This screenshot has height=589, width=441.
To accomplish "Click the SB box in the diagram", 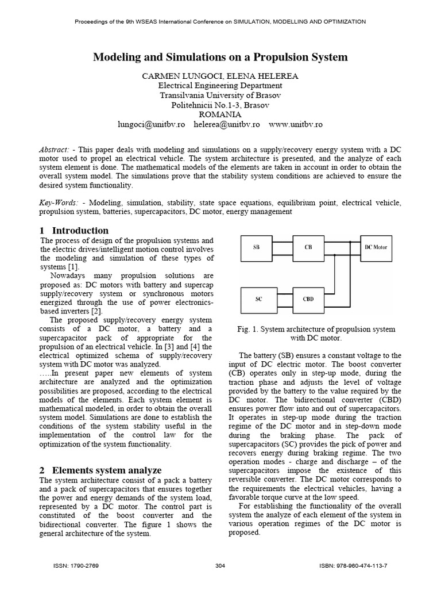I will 256,247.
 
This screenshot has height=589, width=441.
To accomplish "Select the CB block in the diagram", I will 308,247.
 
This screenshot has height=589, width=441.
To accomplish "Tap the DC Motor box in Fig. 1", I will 376,247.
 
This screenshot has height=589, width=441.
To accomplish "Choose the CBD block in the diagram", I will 308,299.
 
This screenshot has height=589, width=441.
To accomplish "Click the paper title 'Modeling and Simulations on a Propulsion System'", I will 220,57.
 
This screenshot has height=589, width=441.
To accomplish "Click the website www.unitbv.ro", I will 295,124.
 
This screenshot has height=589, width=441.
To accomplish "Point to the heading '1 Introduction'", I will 74,231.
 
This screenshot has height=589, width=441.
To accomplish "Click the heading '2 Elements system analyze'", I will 100,470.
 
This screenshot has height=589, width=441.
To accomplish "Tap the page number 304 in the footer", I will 220,566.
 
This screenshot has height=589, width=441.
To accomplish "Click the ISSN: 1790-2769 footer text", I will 76,566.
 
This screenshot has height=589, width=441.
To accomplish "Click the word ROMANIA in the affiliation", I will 220,114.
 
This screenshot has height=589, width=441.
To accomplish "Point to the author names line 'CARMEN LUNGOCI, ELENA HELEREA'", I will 220,76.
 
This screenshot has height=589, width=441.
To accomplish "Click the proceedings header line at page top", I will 220,21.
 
